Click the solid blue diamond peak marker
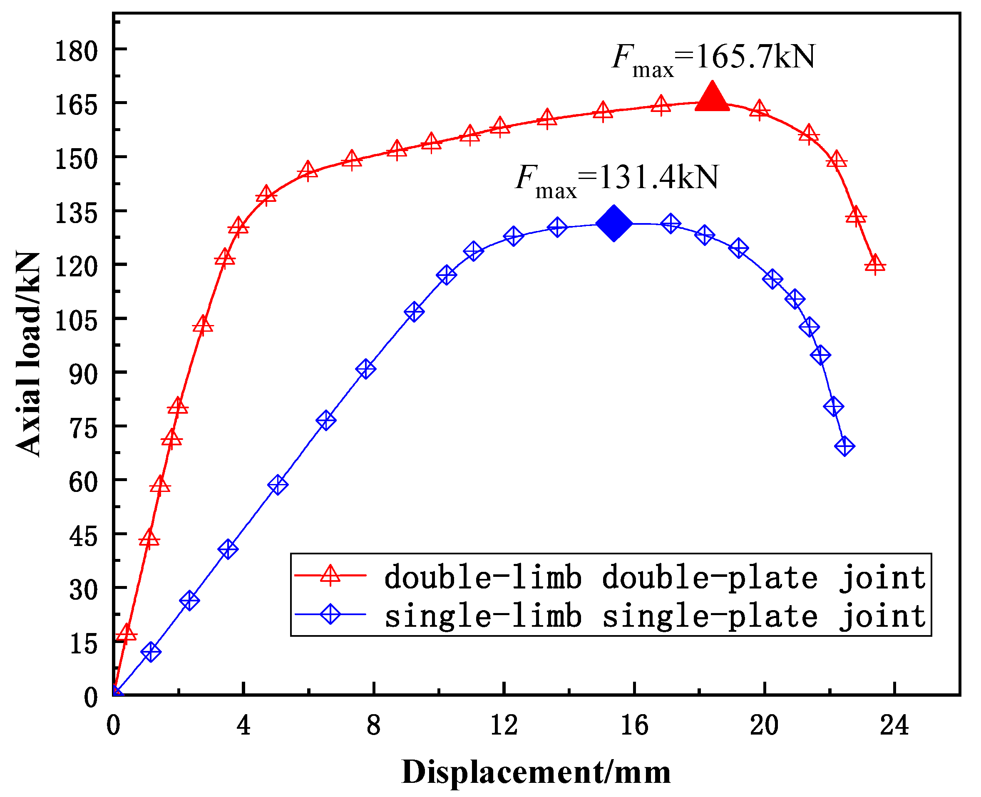pyautogui.click(x=614, y=223)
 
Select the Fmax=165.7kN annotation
pyautogui.click(x=713, y=59)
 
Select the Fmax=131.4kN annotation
pyautogui.click(x=616, y=179)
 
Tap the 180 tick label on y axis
pyautogui.click(x=76, y=51)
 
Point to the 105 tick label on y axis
pyautogui.click(x=76, y=320)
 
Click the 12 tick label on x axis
pyautogui.click(x=504, y=725)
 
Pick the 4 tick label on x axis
pyautogui.click(x=243, y=725)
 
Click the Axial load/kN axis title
pyautogui.click(x=28, y=353)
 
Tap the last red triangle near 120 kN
pyautogui.click(x=875, y=264)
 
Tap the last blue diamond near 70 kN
pyautogui.click(x=844, y=446)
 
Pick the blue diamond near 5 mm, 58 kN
pyautogui.click(x=278, y=485)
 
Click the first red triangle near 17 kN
pyautogui.click(x=127, y=634)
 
